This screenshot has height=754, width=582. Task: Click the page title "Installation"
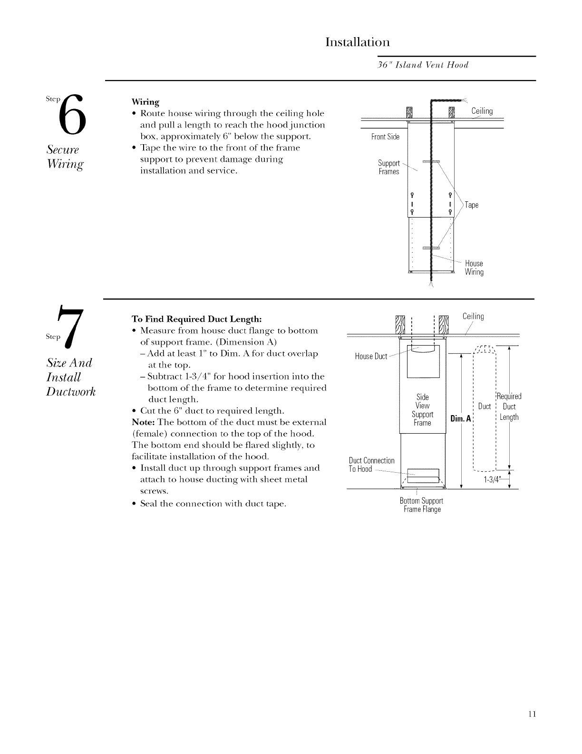[358, 42]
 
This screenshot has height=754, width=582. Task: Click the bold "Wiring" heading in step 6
[145, 102]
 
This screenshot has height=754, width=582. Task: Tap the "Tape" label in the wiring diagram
[471, 205]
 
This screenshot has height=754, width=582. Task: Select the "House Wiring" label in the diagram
[474, 268]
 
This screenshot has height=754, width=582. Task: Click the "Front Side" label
[385, 137]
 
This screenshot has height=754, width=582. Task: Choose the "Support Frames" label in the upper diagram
[388, 167]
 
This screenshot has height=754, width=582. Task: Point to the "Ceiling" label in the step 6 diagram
[482, 111]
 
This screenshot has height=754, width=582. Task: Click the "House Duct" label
[371, 357]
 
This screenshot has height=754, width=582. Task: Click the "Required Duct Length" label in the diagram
[509, 407]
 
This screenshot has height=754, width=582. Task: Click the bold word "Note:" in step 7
[143, 422]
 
